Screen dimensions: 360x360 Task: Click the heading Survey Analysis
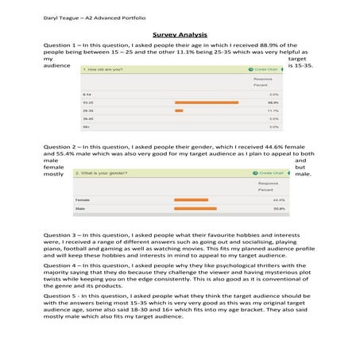tap(180, 35)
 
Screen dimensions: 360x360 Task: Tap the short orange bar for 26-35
tap(179, 110)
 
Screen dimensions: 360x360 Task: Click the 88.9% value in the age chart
tap(272, 103)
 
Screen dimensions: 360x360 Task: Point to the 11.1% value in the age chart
tap(272, 110)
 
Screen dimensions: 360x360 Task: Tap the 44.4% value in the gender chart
tap(278, 199)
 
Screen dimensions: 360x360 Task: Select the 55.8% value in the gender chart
tap(278, 209)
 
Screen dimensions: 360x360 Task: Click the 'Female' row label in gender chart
tap(82, 199)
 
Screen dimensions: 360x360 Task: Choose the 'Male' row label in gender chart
tap(79, 209)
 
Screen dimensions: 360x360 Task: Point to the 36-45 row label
tap(87, 118)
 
